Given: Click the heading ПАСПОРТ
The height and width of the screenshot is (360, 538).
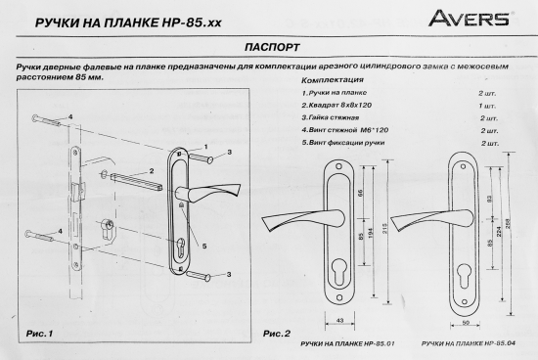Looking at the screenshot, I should click(268, 46).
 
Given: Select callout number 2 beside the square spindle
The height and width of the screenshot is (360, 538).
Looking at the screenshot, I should click(180, 173).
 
